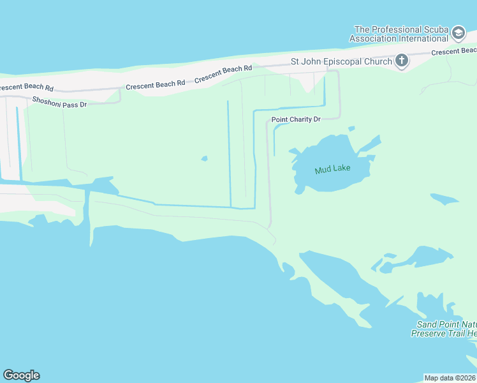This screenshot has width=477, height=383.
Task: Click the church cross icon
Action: tap(401, 61)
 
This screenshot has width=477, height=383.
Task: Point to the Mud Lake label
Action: tap(332, 170)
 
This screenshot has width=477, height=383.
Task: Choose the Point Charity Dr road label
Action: tap(295, 119)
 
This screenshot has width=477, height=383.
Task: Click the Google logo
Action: tap(21, 375)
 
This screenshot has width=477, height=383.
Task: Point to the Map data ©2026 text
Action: tap(450, 377)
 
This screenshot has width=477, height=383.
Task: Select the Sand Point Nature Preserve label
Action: tap(445, 329)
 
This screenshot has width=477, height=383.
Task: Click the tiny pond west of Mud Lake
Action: tap(204, 158)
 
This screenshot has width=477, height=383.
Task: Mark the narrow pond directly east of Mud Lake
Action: tap(444, 199)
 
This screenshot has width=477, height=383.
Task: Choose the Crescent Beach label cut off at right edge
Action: tap(453, 51)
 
